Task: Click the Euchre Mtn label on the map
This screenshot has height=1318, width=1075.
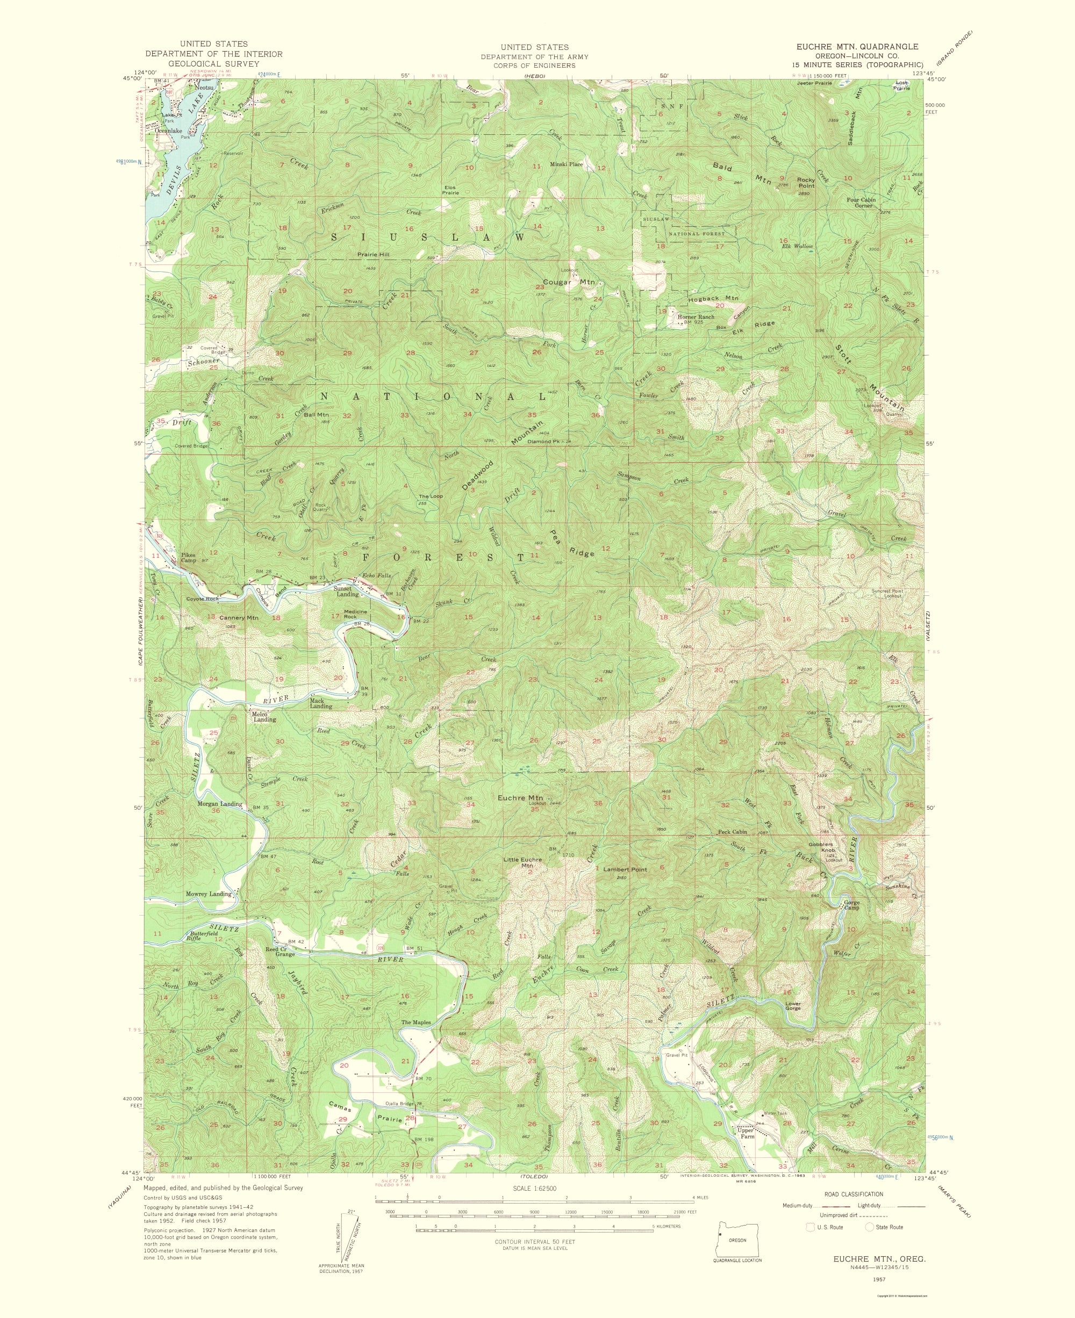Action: [x=520, y=798]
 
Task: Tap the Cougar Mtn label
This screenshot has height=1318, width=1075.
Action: [x=569, y=282]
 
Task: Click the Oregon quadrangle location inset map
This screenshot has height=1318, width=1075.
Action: [x=737, y=1240]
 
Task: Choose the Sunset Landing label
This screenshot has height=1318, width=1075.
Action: [x=346, y=591]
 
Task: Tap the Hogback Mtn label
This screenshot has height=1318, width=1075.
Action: [x=713, y=298]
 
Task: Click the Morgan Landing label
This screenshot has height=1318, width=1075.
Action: [x=219, y=804]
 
